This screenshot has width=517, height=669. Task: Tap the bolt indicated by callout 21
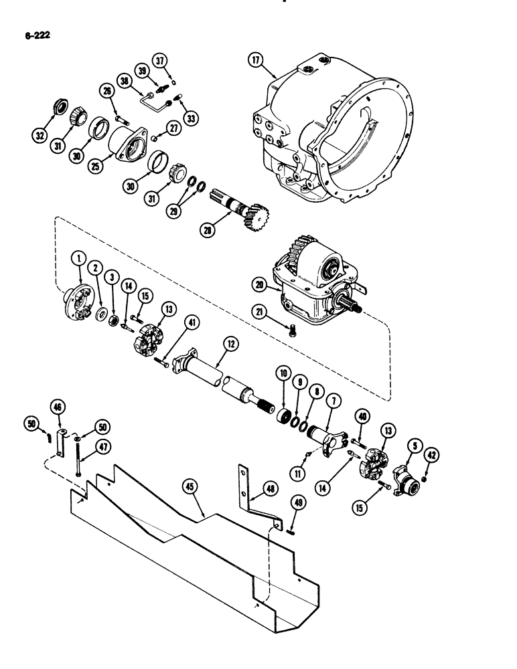pos(292,328)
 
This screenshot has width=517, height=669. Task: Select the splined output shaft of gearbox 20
pos(354,308)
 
